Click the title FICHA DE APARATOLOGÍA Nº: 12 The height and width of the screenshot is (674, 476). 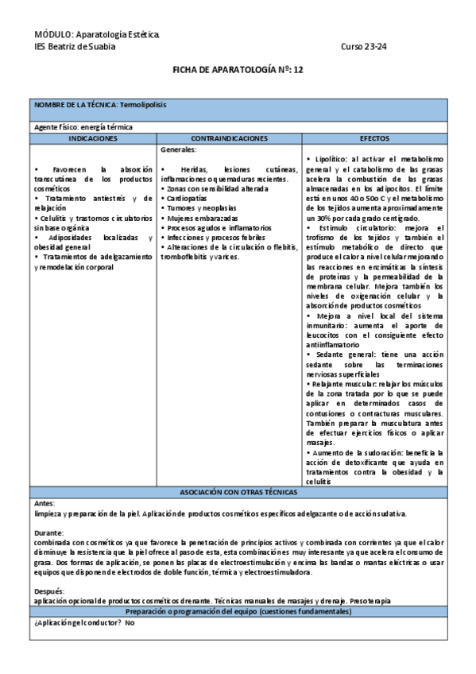tap(238, 70)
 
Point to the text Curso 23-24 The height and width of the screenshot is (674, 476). tap(363, 46)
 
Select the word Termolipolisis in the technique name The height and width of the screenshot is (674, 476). tap(143, 105)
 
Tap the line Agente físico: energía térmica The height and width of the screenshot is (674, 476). tap(83, 127)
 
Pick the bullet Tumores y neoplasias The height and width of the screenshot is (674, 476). tap(199, 208)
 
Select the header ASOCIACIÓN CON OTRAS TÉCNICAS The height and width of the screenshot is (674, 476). tap(238, 493)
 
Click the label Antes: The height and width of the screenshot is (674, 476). tap(45, 503)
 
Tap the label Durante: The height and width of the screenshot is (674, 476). tap(48, 533)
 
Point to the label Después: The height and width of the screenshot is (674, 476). tap(49, 591)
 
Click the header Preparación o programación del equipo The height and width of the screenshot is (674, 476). tap(238, 611)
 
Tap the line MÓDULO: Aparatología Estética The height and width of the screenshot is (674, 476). tap(97, 35)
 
